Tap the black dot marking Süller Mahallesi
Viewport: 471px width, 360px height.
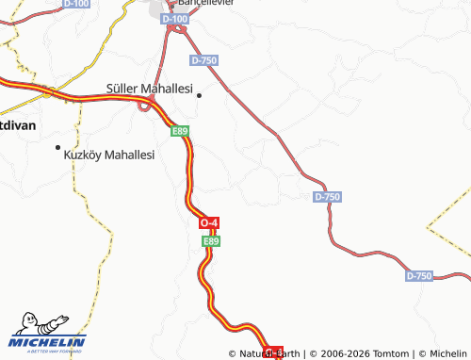click(199, 94)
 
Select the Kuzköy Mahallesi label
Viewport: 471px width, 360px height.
click(108, 155)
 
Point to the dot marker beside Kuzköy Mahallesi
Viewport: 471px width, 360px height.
click(57, 147)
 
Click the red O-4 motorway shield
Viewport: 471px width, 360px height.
click(210, 222)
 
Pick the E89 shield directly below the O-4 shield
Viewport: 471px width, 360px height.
click(211, 241)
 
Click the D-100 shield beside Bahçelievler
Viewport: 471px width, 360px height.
click(174, 18)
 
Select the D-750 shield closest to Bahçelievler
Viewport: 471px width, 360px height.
click(203, 59)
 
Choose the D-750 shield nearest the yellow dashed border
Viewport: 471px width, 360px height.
click(419, 275)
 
